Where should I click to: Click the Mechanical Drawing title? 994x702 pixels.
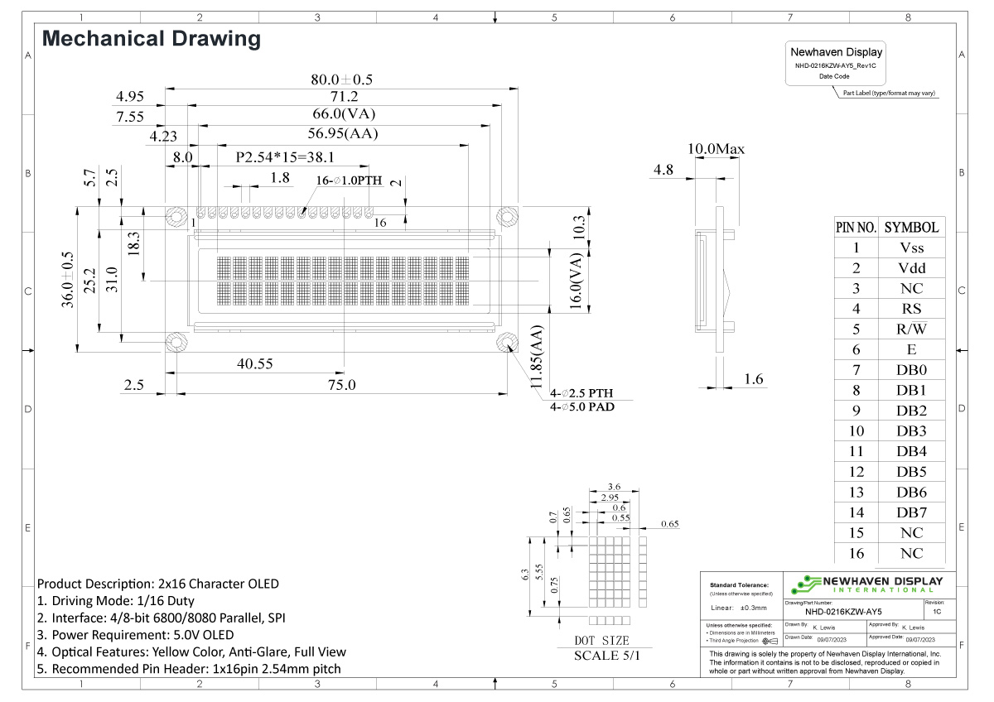coord(151,39)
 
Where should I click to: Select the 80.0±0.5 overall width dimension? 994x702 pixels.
coord(342,79)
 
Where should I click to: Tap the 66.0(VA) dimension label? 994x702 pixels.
coord(342,113)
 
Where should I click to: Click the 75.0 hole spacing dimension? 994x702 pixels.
coord(341,385)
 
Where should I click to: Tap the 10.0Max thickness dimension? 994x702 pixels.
coord(717,149)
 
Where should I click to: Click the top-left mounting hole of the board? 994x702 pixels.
coord(176,217)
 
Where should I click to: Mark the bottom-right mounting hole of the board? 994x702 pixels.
coord(506,342)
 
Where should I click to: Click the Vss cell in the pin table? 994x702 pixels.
coord(911,248)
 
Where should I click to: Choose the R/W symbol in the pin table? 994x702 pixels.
coord(911,329)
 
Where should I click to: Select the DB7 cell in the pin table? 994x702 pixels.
coord(911,512)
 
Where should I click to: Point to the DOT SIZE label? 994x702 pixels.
coord(601,641)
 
